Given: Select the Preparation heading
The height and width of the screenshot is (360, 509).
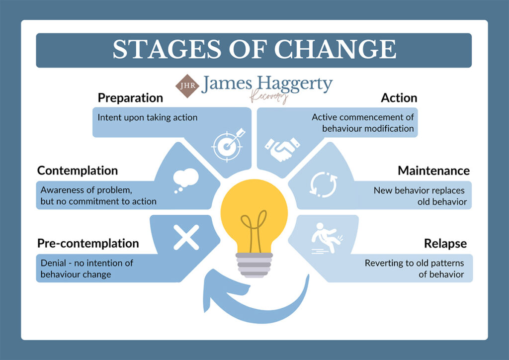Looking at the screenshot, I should click(130, 97).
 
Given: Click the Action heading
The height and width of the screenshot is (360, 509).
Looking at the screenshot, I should click(399, 97).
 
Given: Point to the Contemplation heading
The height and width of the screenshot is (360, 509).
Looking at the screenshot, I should click(78, 171).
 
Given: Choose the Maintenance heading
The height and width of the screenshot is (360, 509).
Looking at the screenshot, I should click(433, 171).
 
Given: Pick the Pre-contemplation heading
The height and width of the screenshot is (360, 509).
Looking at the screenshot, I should click(88, 243).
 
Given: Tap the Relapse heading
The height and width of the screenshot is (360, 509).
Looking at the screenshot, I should click(445, 243).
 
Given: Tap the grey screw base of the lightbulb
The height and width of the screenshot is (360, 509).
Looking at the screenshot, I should click(254, 264).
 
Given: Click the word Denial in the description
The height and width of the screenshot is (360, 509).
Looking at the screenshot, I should click(53, 263).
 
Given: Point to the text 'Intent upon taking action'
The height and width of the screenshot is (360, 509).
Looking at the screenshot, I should click(148, 118).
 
